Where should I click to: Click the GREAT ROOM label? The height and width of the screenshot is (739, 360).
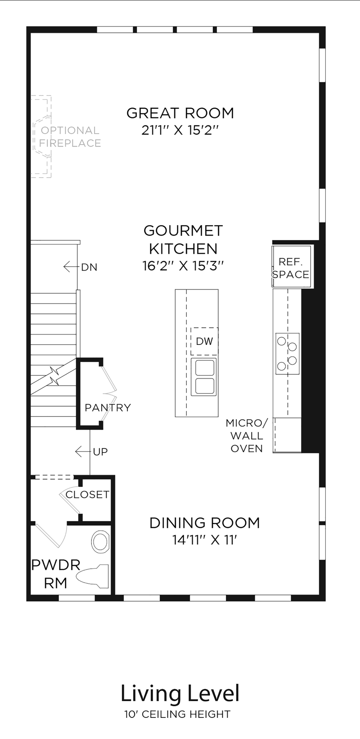click(x=180, y=113)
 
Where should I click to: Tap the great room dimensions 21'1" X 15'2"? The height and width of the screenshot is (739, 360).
click(x=180, y=130)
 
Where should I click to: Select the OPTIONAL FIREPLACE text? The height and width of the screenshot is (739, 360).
click(x=70, y=137)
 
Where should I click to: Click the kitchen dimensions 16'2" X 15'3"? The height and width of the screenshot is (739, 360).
click(x=183, y=266)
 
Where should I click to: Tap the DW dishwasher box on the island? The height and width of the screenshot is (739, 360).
click(x=204, y=341)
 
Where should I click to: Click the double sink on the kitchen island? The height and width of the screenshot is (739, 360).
click(x=204, y=377)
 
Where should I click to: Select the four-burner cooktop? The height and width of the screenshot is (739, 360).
click(x=287, y=354)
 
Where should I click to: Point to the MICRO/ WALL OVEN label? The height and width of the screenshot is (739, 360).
click(x=246, y=436)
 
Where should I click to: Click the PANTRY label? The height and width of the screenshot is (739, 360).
click(x=108, y=408)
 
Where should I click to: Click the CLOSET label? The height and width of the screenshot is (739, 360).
click(x=87, y=495)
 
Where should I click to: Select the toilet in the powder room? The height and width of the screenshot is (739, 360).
click(x=92, y=576)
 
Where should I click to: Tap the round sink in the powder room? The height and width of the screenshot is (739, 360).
click(x=100, y=542)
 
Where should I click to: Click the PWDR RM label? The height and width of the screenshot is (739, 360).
click(x=56, y=574)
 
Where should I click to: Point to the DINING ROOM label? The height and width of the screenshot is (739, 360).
click(x=204, y=523)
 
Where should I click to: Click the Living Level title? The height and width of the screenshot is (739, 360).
click(x=180, y=693)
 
